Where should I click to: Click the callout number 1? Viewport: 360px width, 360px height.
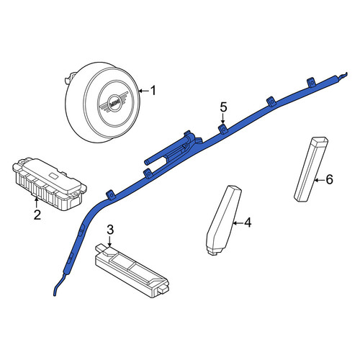153,91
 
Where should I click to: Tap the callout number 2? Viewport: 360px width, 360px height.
37,215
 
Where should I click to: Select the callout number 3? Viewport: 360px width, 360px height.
110,230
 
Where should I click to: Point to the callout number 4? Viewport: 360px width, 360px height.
248,222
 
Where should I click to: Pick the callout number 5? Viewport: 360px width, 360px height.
223,107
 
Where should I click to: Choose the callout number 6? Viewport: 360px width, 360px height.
329,179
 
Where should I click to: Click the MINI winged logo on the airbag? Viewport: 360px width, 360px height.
114,103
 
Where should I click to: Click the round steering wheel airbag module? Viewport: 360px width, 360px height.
102,102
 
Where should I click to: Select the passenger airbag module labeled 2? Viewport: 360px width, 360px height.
49,184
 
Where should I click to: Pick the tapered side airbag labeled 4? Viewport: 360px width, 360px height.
224,220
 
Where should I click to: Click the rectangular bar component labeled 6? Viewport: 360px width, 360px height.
311,170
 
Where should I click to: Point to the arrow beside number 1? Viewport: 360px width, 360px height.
144,91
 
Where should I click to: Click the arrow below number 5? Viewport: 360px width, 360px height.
223,119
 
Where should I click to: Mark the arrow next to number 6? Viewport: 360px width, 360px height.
320,180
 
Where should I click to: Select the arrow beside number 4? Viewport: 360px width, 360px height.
238,223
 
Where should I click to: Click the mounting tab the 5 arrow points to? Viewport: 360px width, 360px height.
222,129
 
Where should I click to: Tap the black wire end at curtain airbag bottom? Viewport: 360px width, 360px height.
58,285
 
